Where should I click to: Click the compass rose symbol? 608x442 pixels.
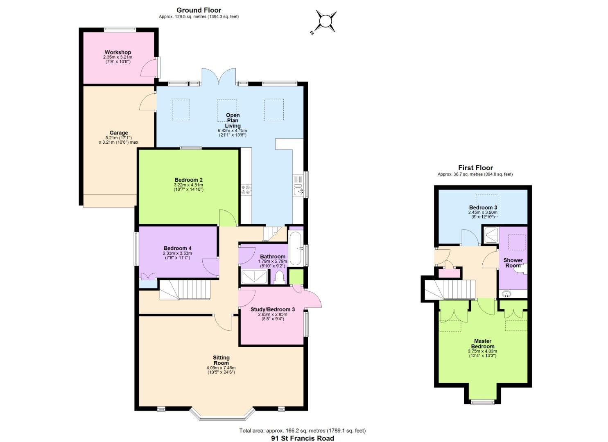tap(326, 21)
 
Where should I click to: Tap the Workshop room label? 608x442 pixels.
tap(118, 52)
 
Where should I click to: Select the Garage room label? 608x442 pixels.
tap(118, 133)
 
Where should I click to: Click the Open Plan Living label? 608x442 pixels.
tap(233, 120)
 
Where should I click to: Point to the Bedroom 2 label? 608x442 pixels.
tap(188, 180)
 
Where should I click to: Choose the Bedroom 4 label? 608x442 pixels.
tap(177, 248)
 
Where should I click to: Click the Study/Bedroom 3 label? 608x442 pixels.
tap(272, 309)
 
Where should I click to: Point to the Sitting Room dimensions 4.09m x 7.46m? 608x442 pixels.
tap(221, 368)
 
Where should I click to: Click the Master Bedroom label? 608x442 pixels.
tap(483, 343)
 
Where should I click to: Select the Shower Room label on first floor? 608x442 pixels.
tap(513, 263)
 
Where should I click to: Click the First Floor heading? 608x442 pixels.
tap(475, 168)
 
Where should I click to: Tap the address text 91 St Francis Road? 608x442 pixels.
tap(303, 438)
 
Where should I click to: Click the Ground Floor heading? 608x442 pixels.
tap(199, 10)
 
